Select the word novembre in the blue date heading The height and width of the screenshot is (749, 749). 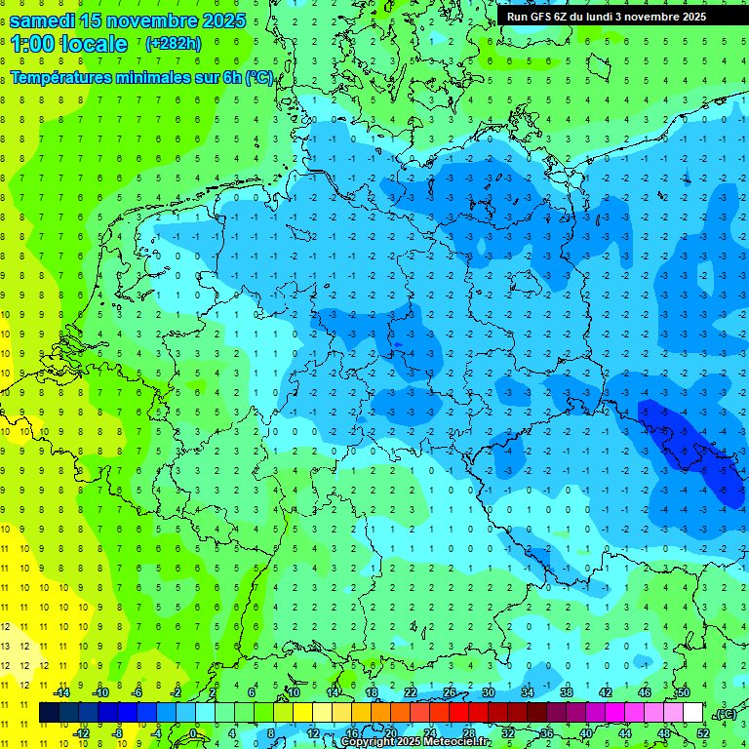(147, 20)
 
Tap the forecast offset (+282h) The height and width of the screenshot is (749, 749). (174, 44)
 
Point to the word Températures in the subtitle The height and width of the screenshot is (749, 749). (60, 77)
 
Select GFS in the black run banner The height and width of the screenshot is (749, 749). (542, 17)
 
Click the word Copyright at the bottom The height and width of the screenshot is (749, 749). (369, 742)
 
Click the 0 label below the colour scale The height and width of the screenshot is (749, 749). (194, 733)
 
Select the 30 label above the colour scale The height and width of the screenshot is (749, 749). (488, 692)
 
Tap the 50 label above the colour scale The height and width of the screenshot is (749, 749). (683, 692)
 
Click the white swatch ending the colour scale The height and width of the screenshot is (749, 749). (692, 713)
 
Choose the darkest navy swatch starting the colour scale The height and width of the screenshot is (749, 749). (49, 713)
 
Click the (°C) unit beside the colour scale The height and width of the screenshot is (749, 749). (726, 714)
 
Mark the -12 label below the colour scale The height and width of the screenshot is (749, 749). (81, 733)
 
